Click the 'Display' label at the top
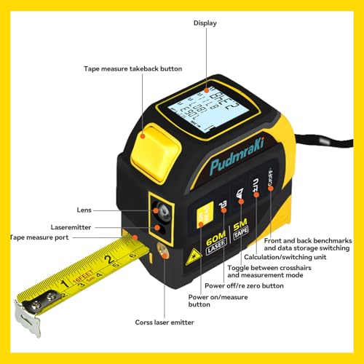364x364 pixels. pos(205,23)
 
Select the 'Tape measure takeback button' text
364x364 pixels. pos(132,68)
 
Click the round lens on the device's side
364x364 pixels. pos(162,212)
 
